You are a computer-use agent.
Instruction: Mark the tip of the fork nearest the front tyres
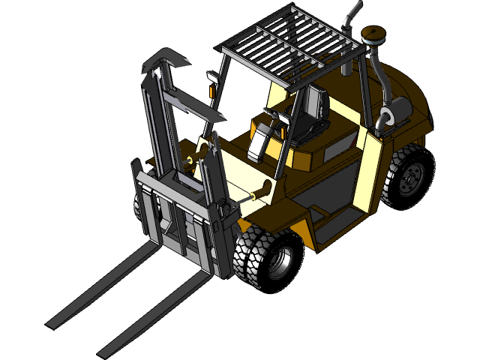tap(106, 349)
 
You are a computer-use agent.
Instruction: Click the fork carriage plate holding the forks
tap(180, 217)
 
